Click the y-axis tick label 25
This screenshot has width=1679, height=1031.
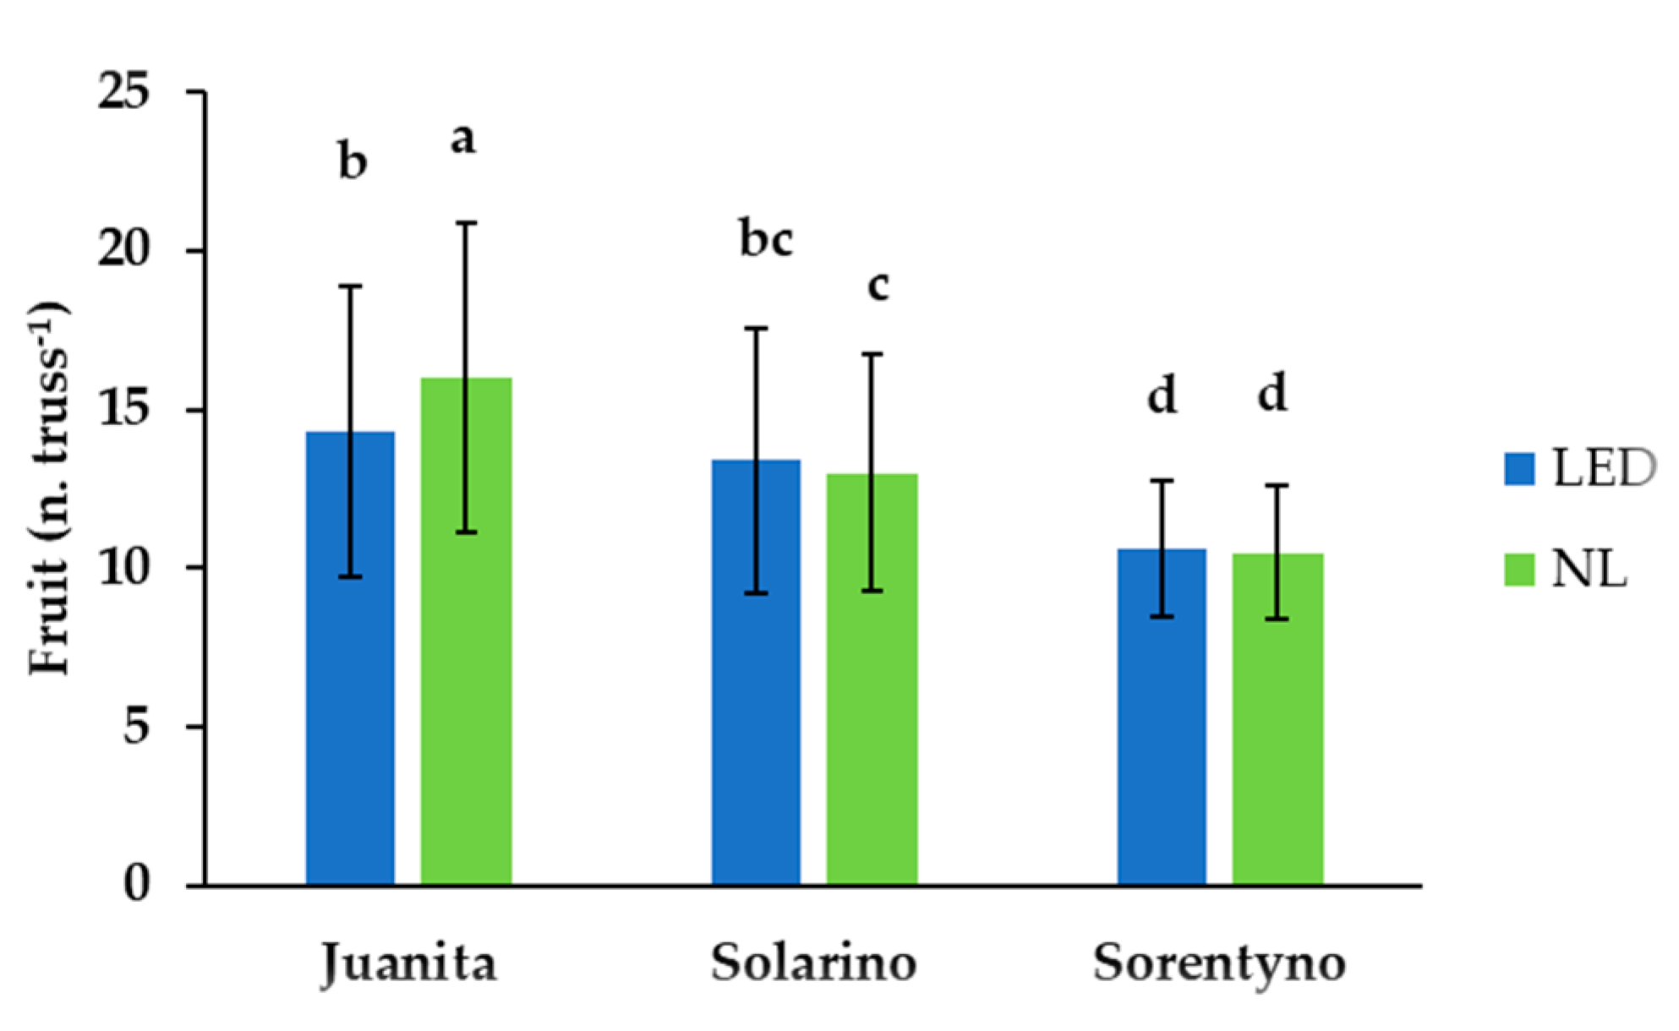coord(124,91)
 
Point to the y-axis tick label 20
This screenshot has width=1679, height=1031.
coord(124,251)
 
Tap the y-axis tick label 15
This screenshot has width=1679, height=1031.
coord(124,411)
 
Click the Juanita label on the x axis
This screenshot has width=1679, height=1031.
coord(409,963)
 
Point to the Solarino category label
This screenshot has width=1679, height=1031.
coord(813,963)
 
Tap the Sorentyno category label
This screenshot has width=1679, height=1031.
coord(1219,963)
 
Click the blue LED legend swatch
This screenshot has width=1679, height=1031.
coord(1519,469)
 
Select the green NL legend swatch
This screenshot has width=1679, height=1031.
coord(1519,570)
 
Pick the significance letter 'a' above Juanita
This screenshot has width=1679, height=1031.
coord(463,140)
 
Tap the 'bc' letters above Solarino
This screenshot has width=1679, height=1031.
coord(766,240)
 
